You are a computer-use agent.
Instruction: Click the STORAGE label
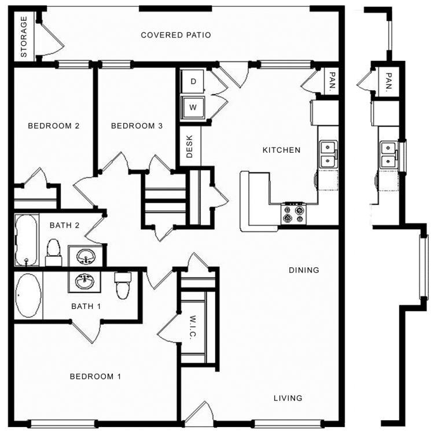tap(24, 37)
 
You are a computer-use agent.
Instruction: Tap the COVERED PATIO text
tap(176, 35)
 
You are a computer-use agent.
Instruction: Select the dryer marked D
tap(193, 82)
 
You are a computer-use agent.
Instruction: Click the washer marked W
tap(193, 107)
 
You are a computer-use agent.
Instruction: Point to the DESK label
tap(189, 148)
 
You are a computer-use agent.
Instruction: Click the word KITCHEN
tap(282, 150)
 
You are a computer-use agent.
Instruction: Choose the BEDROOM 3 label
tap(137, 126)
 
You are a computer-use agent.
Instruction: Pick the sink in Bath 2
tap(87, 256)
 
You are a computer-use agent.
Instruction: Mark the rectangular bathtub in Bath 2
tap(27, 240)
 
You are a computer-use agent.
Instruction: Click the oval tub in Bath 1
tap(28, 296)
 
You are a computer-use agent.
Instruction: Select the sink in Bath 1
tap(86, 281)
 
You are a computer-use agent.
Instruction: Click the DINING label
tap(304, 270)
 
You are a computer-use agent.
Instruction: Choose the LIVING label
tap(288, 398)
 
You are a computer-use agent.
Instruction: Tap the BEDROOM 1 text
tap(95, 377)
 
